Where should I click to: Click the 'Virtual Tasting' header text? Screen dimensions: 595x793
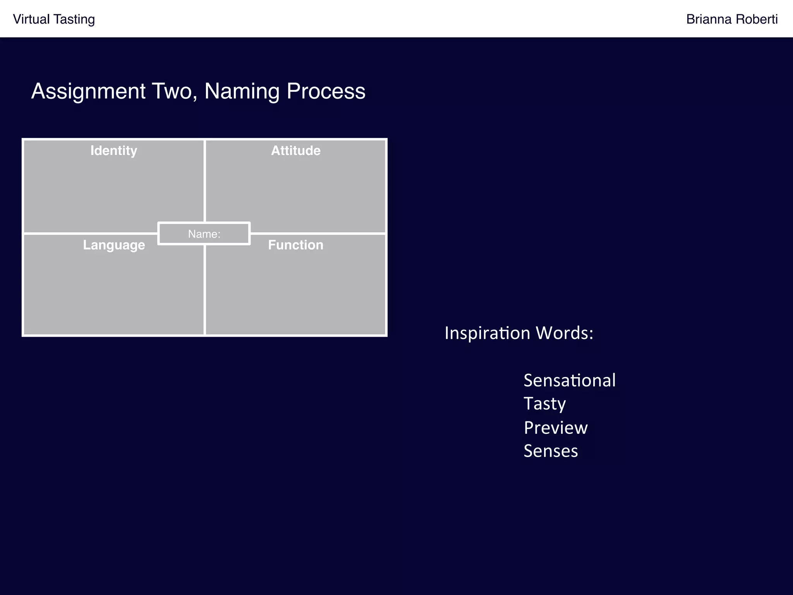pyautogui.click(x=54, y=19)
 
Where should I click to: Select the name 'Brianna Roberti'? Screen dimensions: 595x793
pyautogui.click(x=731, y=19)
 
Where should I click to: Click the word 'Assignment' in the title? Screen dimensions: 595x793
pyautogui.click(x=88, y=91)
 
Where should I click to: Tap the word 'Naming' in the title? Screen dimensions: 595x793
pyautogui.click(x=242, y=91)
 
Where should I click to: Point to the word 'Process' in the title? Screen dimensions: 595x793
pyautogui.click(x=326, y=91)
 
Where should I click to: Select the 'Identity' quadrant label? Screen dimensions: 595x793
pyautogui.click(x=114, y=151)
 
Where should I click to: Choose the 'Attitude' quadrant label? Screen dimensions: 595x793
pyautogui.click(x=296, y=151)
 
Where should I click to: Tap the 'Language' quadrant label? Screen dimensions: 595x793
pyautogui.click(x=114, y=245)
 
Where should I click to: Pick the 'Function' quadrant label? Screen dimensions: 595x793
pyautogui.click(x=296, y=245)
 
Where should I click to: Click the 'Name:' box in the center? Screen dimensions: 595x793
pyautogui.click(x=204, y=234)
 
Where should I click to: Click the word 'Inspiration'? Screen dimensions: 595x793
pyautogui.click(x=487, y=333)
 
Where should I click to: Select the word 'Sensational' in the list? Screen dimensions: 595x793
pyautogui.click(x=570, y=380)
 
